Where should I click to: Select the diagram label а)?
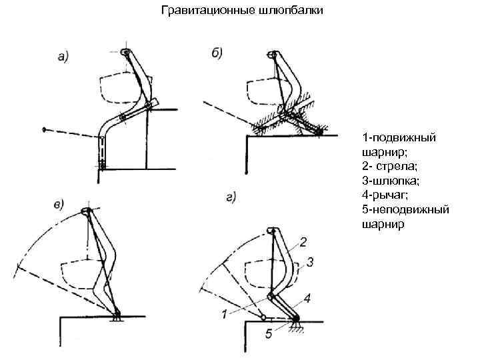(65, 57)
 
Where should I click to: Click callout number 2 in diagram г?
(303, 241)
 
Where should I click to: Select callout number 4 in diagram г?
(307, 297)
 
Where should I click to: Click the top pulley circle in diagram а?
(126, 51)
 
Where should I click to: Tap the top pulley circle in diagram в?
(87, 211)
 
